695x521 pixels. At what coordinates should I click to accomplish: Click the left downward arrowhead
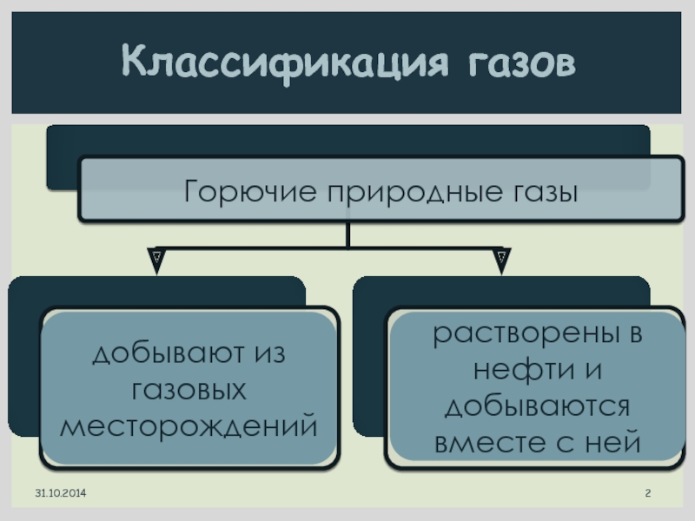click(x=156, y=260)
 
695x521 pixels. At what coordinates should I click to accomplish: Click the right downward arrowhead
click(x=502, y=260)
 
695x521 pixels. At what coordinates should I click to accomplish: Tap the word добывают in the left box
click(x=160, y=354)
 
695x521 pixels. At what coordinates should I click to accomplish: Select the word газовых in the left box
click(x=189, y=390)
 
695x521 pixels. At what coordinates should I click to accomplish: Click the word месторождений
click(x=189, y=425)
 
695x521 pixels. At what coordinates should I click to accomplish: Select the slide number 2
click(x=647, y=494)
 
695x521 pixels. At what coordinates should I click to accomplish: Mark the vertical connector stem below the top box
click(x=347, y=234)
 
